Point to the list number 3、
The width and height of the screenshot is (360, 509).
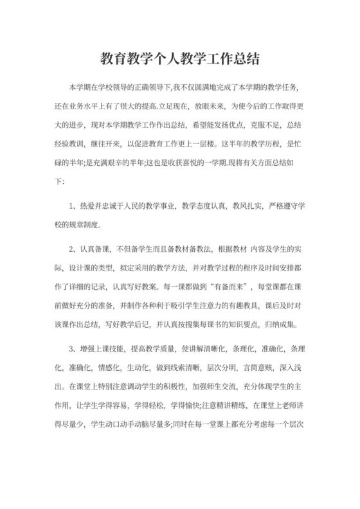tap(73, 348)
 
